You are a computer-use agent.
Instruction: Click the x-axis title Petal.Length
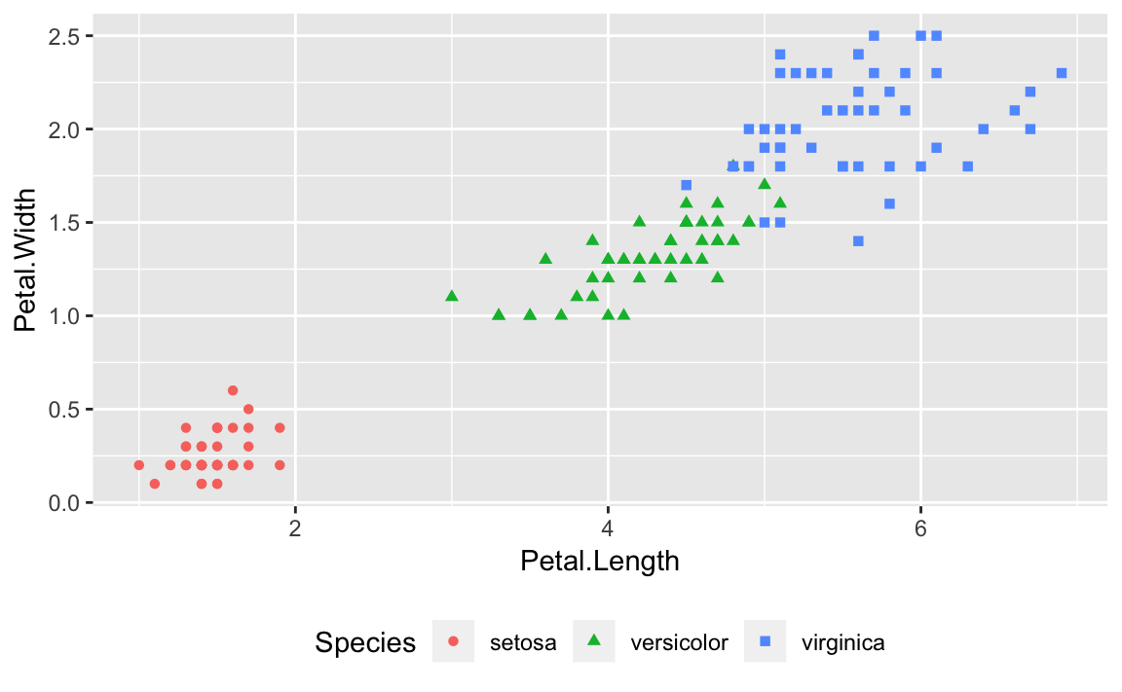pos(599,562)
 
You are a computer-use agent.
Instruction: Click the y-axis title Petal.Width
pos(26,261)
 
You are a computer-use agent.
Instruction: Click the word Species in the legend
pos(365,642)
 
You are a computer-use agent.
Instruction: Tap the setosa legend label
pos(523,642)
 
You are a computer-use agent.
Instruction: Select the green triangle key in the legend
pos(594,641)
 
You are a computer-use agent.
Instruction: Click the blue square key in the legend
pos(765,641)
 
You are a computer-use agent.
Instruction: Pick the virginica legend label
pos(842,642)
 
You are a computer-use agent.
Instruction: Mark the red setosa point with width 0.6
pos(233,390)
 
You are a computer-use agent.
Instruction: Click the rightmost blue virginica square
pos(1061,73)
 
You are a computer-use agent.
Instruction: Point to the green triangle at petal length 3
pos(451,296)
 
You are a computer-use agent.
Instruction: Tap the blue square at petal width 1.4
pos(858,240)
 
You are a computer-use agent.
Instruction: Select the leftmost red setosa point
pos(139,465)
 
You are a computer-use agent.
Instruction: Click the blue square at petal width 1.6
pos(889,203)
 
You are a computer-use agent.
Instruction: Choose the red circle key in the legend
pos(453,641)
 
